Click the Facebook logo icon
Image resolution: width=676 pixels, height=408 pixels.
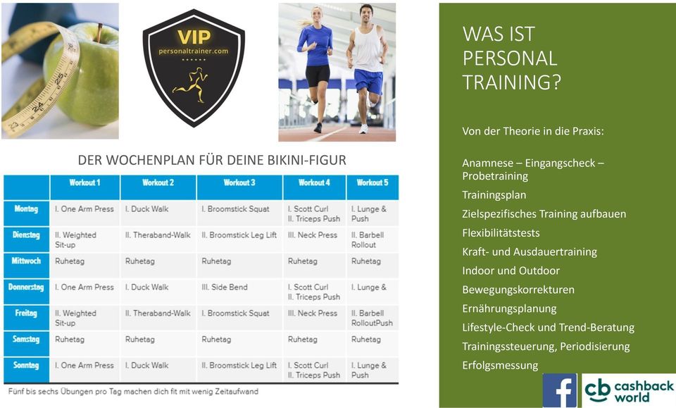pos(560,390)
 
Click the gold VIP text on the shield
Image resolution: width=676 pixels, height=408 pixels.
pos(194,37)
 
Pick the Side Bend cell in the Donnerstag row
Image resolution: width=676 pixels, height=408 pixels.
pos(239,292)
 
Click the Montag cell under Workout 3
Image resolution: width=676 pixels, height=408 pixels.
pos(239,213)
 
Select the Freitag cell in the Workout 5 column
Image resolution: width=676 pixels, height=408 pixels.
pos(373,318)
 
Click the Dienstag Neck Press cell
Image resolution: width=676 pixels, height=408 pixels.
pos(314,240)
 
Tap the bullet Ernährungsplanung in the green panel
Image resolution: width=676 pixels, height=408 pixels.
pos(509,309)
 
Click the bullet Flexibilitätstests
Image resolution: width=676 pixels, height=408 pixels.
pos(501,233)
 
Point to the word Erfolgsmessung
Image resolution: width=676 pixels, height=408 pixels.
pos(500,366)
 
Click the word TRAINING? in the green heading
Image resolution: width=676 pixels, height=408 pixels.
pos(512,82)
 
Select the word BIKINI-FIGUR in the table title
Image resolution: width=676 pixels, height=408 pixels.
pos(307,160)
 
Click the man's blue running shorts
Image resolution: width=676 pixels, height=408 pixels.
pos(368,80)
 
